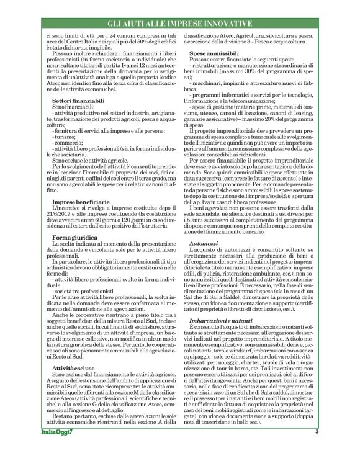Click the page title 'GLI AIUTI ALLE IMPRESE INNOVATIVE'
click(179, 23)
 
